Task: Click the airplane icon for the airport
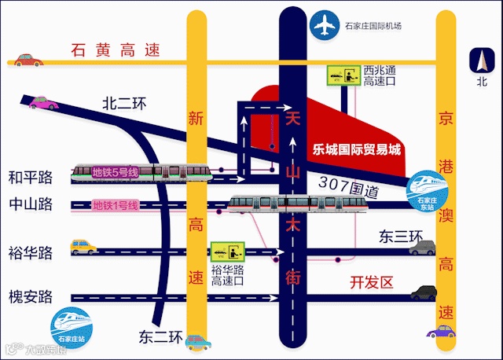[322, 26]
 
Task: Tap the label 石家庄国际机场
[373, 26]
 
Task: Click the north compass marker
[481, 62]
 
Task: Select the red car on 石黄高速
[26, 60]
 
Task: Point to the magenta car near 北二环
[43, 101]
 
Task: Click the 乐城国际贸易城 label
[356, 149]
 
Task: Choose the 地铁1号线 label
[116, 206]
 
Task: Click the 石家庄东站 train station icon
[428, 188]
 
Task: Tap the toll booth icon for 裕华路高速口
[229, 252]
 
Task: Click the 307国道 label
[349, 186]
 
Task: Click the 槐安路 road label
[30, 297]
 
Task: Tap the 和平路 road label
[30, 176]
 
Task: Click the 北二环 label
[125, 103]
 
